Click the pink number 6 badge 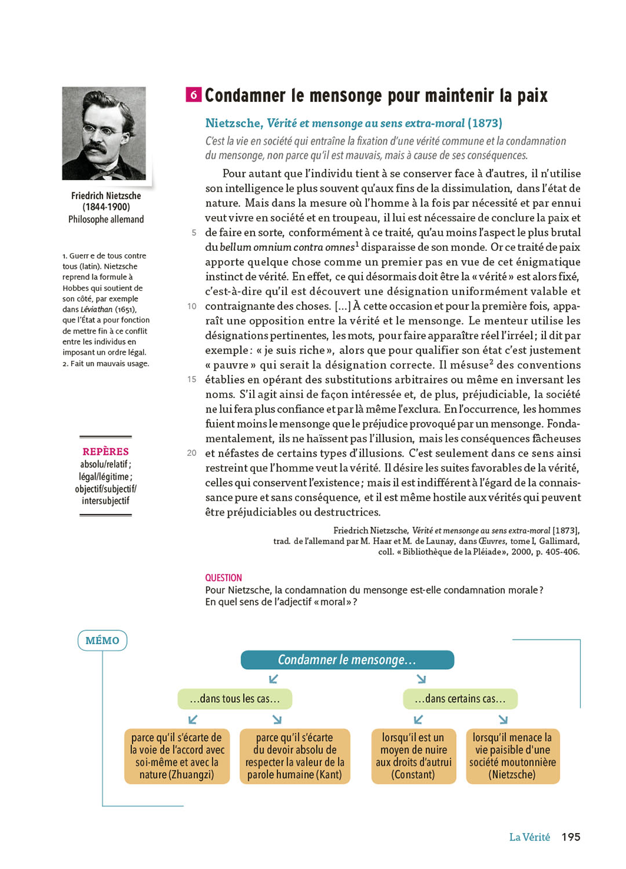[194, 94]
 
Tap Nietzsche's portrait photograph [104, 133]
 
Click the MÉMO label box [102, 640]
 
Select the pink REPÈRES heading [105, 451]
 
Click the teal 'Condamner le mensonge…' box [347, 660]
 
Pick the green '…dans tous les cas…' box [235, 699]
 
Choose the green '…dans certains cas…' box [460, 699]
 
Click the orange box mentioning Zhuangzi [177, 756]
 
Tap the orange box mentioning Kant [294, 756]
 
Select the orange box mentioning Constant [413, 756]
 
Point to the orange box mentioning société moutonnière [512, 756]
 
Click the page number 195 [571, 837]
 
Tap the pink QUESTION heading [223, 578]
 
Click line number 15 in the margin [192, 379]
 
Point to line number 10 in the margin [192, 306]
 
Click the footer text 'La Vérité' [529, 837]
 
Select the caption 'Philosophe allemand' [106, 219]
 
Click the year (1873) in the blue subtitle [485, 123]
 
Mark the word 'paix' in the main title [532, 95]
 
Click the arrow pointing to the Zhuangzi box [193, 720]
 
